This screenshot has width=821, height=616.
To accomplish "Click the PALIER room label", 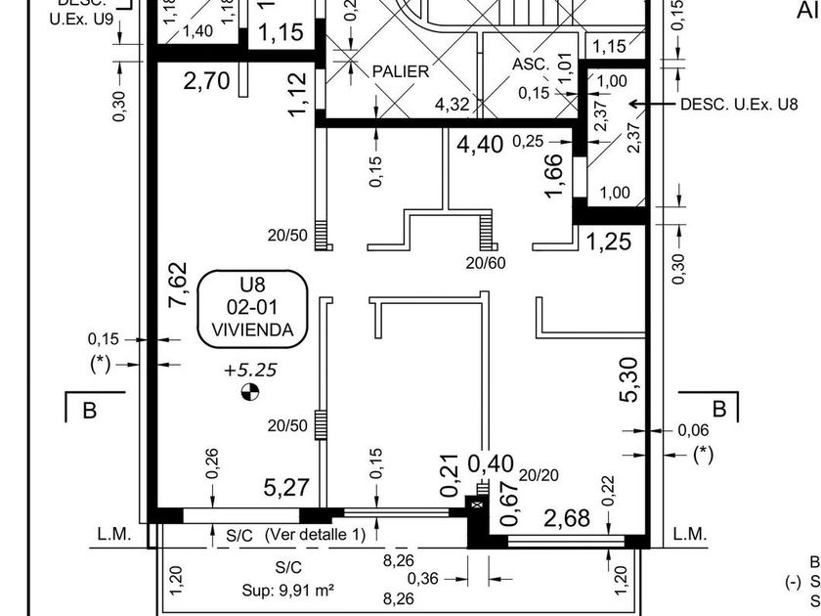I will tap(401, 71).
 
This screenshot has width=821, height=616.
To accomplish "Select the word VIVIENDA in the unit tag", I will tap(251, 330).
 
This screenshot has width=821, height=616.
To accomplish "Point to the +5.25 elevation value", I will tap(251, 371).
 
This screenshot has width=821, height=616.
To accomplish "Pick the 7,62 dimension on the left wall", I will tap(177, 285).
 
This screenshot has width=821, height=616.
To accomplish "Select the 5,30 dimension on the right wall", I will tap(629, 379).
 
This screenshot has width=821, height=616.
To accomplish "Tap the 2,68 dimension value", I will tap(567, 518).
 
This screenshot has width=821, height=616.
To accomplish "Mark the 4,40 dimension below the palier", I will tap(480, 145).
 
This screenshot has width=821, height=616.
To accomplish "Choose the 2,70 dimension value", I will tap(206, 81).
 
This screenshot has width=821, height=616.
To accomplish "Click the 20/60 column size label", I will tap(486, 262).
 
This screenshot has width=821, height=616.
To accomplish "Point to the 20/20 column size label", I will tap(539, 475).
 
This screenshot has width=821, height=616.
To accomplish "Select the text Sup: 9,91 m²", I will tap(288, 591).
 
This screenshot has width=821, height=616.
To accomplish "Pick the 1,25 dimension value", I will tap(608, 242).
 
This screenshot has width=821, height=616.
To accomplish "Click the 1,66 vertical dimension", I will tap(553, 176).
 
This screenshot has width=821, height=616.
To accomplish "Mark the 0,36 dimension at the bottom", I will tap(423, 579).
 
